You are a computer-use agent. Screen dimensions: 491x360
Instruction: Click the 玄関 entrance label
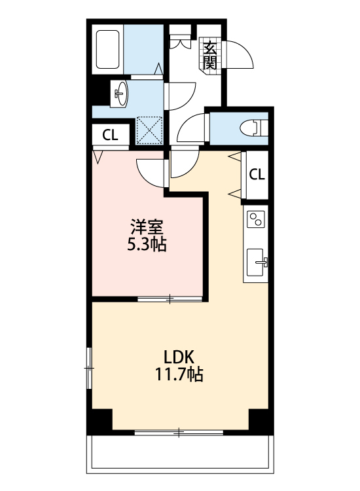(210, 56)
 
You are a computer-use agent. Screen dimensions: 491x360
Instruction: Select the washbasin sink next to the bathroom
(120, 93)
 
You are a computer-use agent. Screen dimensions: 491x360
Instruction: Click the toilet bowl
(252, 126)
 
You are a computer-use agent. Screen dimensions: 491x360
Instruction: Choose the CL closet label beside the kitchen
(257, 175)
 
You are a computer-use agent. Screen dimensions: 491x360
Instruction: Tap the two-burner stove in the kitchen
(256, 220)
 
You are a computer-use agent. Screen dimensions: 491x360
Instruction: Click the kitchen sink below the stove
(257, 264)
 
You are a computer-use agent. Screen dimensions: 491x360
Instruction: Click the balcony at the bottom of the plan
(180, 455)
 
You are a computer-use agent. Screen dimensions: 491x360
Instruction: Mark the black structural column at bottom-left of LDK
(101, 421)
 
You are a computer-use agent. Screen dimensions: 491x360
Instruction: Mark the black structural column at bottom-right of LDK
(261, 420)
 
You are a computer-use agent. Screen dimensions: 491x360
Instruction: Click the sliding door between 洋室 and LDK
(170, 299)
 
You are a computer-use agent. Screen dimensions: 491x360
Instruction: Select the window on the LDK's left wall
(89, 369)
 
